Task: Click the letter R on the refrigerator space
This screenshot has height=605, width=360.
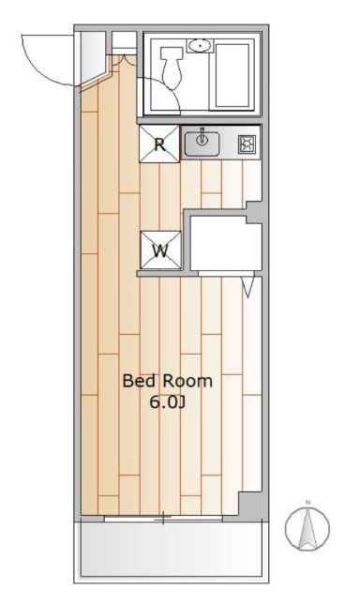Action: (159, 144)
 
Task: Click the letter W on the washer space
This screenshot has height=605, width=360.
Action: (160, 250)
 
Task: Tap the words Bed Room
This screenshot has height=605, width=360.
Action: (167, 381)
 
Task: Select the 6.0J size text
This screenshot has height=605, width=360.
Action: (168, 402)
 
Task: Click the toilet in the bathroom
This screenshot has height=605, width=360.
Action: (172, 67)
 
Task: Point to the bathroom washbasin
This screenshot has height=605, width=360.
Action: (200, 46)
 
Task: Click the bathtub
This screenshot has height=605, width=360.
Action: (232, 75)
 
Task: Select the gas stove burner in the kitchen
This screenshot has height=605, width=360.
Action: (246, 144)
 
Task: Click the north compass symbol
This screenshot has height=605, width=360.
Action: (307, 528)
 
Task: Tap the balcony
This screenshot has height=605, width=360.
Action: (172, 550)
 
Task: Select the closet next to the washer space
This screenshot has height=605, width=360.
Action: (226, 243)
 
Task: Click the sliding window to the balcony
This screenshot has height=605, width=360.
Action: (163, 519)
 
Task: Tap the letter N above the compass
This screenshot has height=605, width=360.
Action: (307, 502)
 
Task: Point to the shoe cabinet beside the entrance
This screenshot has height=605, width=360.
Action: (93, 57)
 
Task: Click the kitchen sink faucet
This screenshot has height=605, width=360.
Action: (202, 137)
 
